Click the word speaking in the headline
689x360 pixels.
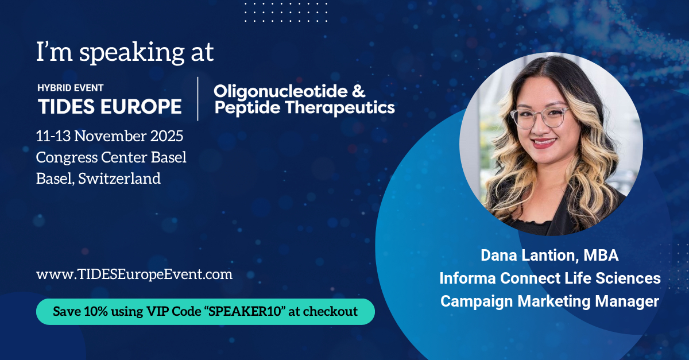(x=131, y=53)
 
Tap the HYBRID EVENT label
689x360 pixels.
(x=71, y=88)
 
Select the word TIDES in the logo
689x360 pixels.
(x=66, y=106)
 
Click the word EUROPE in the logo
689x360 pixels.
(x=141, y=106)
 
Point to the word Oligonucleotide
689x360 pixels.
(x=281, y=92)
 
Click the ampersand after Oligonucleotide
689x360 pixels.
(x=359, y=91)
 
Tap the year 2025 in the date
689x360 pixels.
(x=167, y=136)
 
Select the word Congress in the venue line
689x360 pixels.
(x=67, y=157)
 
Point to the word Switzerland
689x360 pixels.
(x=119, y=179)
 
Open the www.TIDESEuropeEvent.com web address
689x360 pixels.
(x=134, y=274)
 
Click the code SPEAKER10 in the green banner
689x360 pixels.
(x=245, y=311)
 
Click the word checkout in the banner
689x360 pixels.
(x=330, y=311)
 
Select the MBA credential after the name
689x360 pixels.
(x=601, y=256)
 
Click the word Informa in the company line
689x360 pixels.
(x=467, y=278)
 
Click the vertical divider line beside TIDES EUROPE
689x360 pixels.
(x=198, y=99)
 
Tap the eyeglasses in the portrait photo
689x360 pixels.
(x=540, y=117)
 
